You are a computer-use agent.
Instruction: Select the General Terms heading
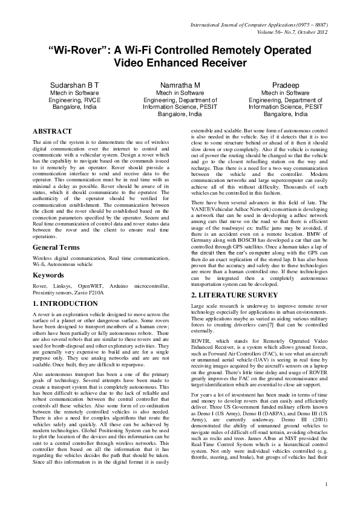click(59, 248)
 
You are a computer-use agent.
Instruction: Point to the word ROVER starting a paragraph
click(200, 341)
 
